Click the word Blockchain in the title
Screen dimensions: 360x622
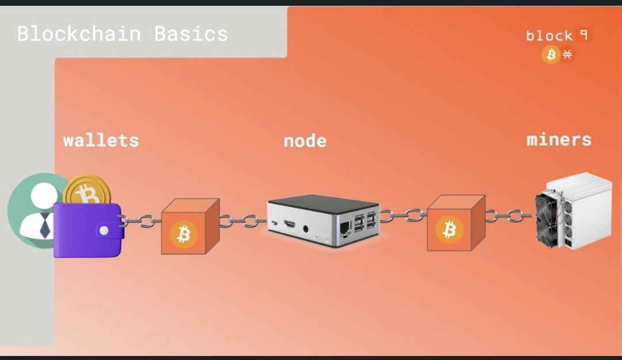[79, 33]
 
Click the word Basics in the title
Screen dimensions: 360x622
[191, 33]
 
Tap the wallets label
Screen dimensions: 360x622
[101, 140]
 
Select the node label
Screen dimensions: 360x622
[305, 141]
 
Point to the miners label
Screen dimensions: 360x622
[559, 139]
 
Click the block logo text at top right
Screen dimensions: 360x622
[549, 36]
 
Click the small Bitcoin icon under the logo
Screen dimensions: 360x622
[551, 55]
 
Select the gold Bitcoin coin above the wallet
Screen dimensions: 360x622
[88, 192]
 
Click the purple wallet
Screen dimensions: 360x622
[86, 230]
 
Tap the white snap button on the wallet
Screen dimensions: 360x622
[104, 230]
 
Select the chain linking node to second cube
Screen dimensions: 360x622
[403, 216]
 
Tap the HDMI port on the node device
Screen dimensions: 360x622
[289, 224]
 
